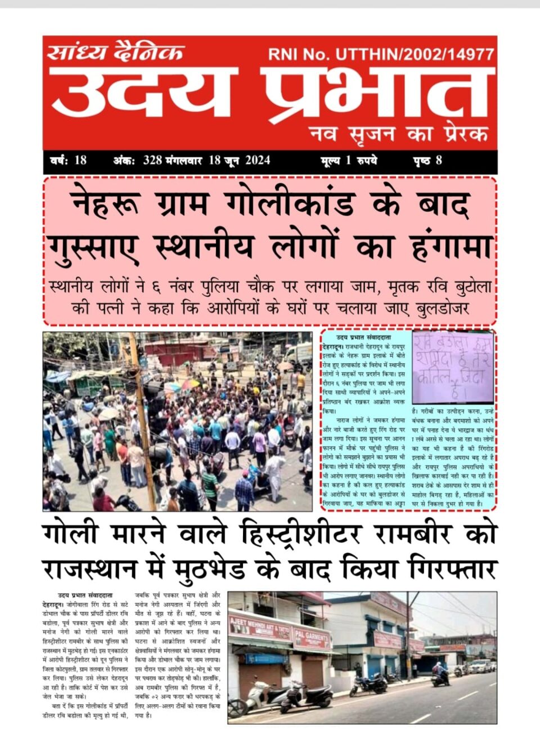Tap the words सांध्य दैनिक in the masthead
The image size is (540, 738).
(x=115, y=52)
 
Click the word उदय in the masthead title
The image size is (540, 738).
(x=143, y=93)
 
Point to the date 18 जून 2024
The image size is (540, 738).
(x=239, y=160)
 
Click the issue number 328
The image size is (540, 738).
(x=152, y=160)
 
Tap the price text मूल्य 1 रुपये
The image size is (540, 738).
(x=349, y=160)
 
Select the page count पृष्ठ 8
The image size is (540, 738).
(x=427, y=160)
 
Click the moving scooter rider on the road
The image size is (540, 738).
(x=440, y=673)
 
